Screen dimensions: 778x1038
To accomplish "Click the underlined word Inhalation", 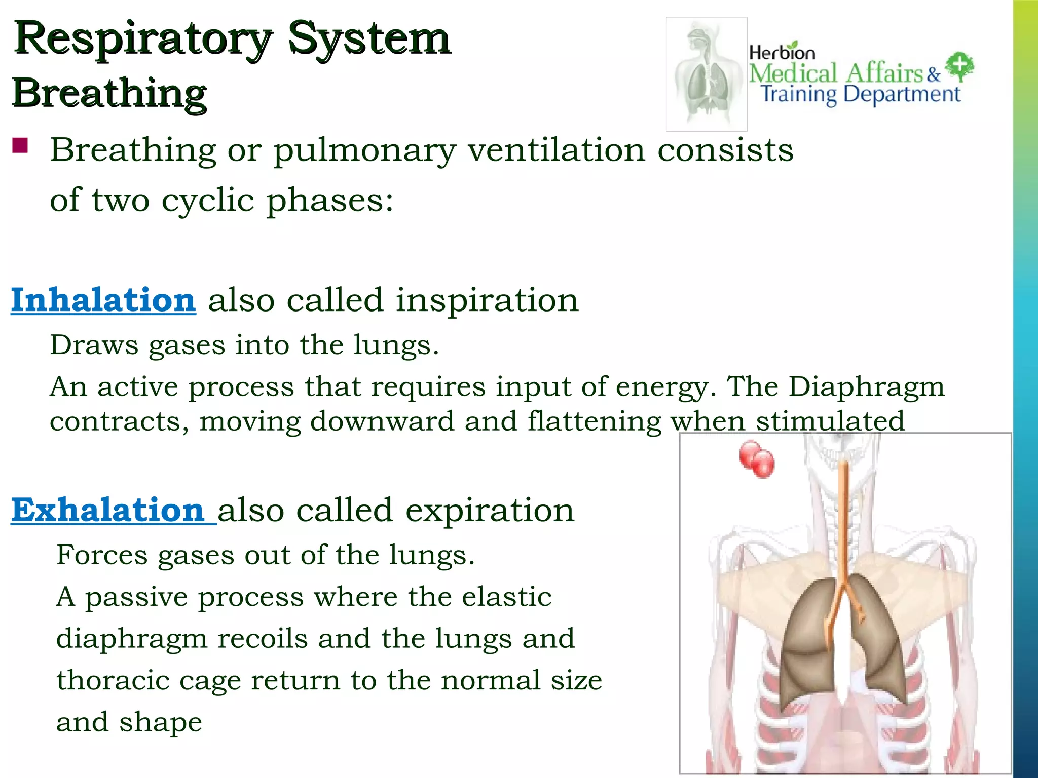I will click(x=103, y=300).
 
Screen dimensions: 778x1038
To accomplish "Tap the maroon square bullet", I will click(x=20, y=145).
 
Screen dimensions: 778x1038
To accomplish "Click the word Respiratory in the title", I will click(x=142, y=40).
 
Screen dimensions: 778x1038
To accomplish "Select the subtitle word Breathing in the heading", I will click(x=109, y=93).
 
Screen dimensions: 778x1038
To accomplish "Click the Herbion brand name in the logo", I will click(x=782, y=52).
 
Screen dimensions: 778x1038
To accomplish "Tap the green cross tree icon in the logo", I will click(x=959, y=66).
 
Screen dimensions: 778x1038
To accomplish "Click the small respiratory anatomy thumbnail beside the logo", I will click(x=707, y=74).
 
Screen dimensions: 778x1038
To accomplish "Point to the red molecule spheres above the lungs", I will click(x=757, y=459).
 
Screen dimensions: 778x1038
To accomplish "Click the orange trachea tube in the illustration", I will click(x=843, y=517).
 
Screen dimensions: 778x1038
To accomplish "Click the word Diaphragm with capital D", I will click(x=866, y=387).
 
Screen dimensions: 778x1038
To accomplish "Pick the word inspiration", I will click(x=487, y=300).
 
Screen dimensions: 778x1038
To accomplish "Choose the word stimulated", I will click(x=830, y=421).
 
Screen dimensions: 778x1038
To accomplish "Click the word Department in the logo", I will click(x=902, y=94).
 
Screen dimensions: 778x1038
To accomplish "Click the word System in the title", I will click(x=369, y=40).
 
